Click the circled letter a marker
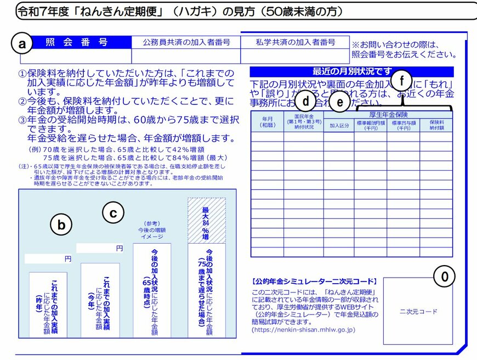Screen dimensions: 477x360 click(22, 44)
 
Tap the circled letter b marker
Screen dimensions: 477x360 click(61, 224)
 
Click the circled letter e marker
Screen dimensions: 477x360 click(340, 102)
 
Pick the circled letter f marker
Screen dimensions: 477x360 click(402, 81)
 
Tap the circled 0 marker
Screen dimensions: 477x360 click(445, 278)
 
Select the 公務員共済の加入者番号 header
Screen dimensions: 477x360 click(186, 42)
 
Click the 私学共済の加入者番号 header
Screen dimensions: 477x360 click(295, 42)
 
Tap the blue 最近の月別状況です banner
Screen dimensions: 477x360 click(352, 71)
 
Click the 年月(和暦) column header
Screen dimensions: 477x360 click(267, 122)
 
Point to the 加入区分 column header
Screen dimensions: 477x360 click(338, 125)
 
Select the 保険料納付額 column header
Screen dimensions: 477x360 click(436, 125)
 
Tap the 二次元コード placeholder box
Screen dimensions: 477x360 click(418, 311)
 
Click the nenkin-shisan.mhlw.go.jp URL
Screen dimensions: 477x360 click(303, 330)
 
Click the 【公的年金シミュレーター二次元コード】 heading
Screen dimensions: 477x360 click(315, 281)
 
